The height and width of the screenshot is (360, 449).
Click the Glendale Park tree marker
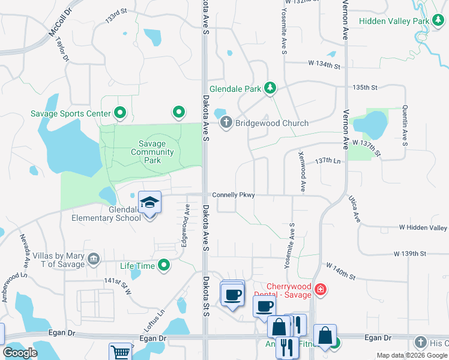[270, 89]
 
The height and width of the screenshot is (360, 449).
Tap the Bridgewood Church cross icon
[226, 123]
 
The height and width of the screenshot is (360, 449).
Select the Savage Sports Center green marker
[119, 113]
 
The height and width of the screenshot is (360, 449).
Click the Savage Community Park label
[153, 152]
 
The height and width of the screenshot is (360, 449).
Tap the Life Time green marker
[163, 265]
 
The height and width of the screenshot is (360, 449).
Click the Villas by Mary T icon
[94, 260]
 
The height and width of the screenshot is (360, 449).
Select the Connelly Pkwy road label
[234, 195]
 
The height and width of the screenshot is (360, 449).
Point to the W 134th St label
[324, 63]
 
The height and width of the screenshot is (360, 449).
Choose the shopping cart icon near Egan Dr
[120, 352]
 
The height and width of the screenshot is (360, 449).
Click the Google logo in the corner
[20, 353]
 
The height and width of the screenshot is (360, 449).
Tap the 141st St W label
[117, 284]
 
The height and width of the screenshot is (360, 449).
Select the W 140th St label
[340, 269]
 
